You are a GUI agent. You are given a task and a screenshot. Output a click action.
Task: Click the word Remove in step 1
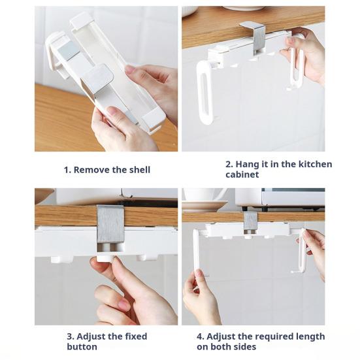pos(91,170)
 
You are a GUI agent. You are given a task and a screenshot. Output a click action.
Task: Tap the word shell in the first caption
pos(140,170)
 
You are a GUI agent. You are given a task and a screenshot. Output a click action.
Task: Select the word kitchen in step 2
pos(315,164)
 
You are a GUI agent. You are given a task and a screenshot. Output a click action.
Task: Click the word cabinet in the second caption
pos(242,174)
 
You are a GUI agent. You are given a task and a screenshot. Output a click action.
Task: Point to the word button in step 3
pos(82,346)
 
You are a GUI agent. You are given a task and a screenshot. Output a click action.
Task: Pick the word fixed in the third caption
pos(136,336)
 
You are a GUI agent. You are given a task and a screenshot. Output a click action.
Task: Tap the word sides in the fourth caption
pos(244,346)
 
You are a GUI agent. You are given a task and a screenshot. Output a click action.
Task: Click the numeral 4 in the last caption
pos(199,336)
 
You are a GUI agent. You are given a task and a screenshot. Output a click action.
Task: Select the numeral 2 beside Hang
pos(228,165)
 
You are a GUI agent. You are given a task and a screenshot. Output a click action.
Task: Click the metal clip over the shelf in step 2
pos(255,37)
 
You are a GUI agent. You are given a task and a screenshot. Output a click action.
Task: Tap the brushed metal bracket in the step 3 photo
pos(110,224)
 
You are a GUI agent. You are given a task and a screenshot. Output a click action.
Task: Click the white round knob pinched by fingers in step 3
pos(105,258)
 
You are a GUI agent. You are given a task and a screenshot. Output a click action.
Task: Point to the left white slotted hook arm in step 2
pos(205,92)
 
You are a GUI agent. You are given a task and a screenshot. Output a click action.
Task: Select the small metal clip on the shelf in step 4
pos(250,221)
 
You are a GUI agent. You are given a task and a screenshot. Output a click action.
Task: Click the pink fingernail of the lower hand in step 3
pos(124,305)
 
